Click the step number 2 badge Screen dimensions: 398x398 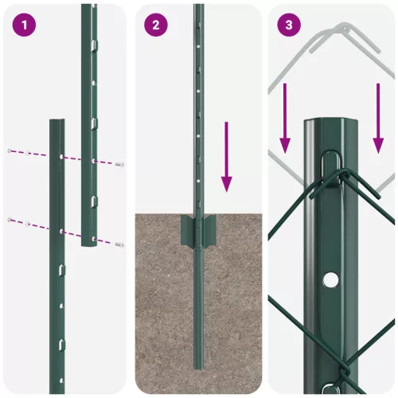(x=155, y=25)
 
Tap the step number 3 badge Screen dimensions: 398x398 (x=287, y=25)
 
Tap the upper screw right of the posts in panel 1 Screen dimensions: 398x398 (x=119, y=164)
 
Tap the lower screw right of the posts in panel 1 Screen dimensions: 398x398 (x=119, y=244)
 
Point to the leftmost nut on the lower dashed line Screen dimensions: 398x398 (x=9, y=220)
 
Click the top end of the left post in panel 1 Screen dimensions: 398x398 (x=57, y=122)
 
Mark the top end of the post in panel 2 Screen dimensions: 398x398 (x=198, y=6)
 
